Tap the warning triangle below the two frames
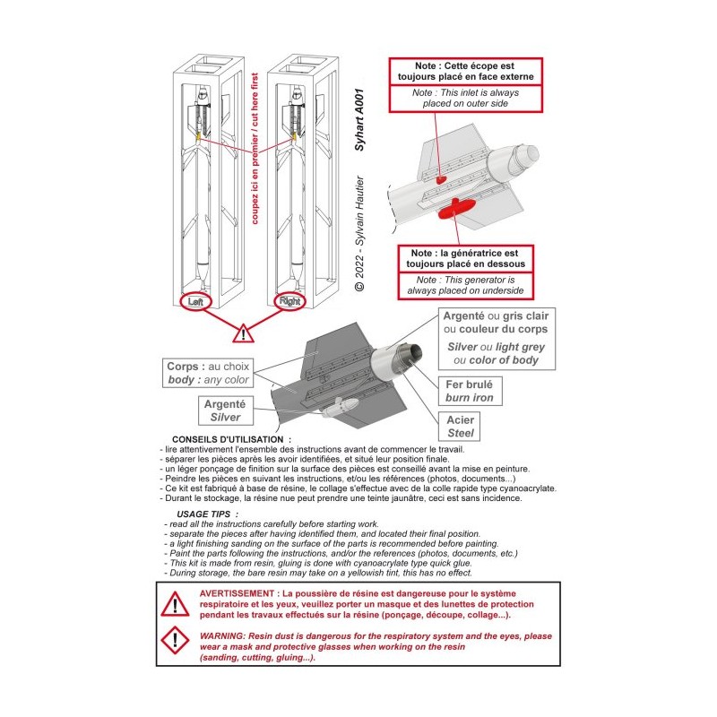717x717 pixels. point(243,333)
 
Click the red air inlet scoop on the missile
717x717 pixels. point(440,179)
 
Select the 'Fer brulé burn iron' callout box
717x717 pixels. point(470,391)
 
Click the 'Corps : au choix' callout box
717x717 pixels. point(208,373)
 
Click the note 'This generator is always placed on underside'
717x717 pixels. point(465,286)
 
